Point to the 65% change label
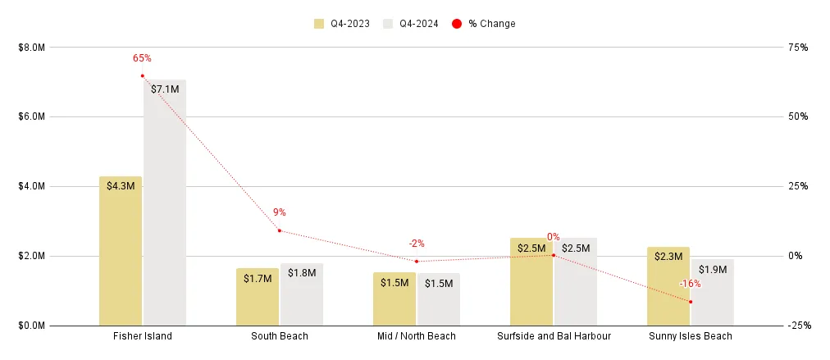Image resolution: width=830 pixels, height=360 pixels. (142, 58)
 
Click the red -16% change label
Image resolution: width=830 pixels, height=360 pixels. (690, 284)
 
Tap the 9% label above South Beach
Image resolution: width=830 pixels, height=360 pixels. (280, 212)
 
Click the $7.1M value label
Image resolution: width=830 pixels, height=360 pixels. (165, 89)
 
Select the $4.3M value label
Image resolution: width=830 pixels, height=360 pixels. (121, 186)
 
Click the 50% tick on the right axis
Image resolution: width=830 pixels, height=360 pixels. (797, 116)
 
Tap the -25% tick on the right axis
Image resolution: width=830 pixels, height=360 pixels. (797, 326)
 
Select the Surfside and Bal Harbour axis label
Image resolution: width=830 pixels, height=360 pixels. (554, 336)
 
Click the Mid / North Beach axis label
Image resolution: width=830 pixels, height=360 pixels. (417, 336)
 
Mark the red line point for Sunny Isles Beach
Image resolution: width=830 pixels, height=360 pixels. (691, 302)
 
